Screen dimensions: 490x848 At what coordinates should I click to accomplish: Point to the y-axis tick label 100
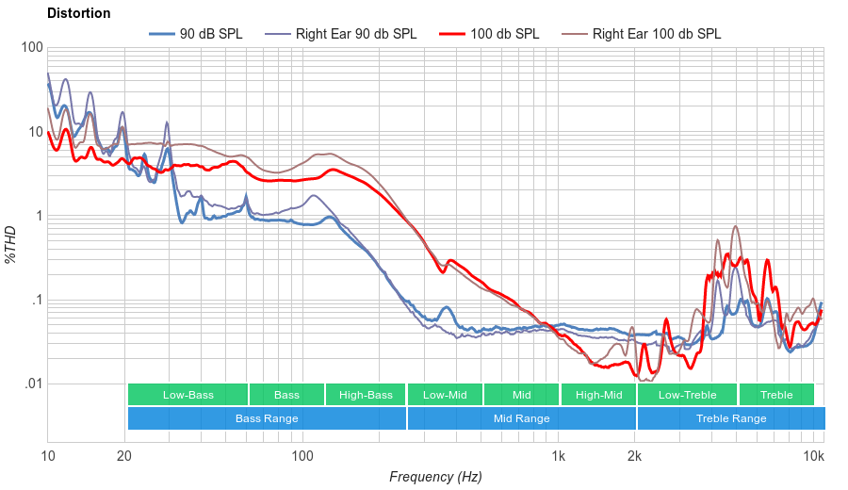(x=31, y=48)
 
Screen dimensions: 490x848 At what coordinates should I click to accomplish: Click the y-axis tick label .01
(x=33, y=384)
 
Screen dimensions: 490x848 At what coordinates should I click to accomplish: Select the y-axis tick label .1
(x=36, y=301)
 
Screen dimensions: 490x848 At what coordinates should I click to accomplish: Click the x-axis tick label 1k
(x=558, y=456)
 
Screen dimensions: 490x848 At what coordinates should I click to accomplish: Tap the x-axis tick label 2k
(x=635, y=456)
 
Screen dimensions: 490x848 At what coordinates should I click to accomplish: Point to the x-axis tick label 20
(x=124, y=456)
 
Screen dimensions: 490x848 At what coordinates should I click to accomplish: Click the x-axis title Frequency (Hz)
(x=435, y=477)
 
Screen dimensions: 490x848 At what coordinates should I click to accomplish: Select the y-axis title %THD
(x=11, y=244)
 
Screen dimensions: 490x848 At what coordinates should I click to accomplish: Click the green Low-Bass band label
(x=188, y=395)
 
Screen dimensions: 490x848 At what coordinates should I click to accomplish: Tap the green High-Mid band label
(x=598, y=395)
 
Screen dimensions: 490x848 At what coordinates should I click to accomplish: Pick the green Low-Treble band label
(x=688, y=395)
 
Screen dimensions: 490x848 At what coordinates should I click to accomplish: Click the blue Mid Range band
(x=521, y=418)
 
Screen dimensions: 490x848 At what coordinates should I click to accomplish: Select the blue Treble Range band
(x=730, y=418)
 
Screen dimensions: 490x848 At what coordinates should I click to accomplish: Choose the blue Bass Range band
(x=267, y=418)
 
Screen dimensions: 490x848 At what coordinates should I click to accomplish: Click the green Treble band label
(x=776, y=395)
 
